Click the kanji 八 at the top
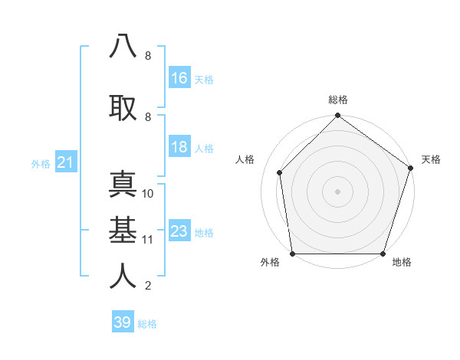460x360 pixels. [x=123, y=46]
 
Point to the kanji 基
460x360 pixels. [x=123, y=229]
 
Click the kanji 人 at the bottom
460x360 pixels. [x=123, y=275]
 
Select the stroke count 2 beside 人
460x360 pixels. [x=148, y=286]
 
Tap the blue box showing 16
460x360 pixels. [x=179, y=78]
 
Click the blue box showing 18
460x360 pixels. [x=179, y=147]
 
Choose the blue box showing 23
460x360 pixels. [x=179, y=231]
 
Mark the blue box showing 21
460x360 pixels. [x=66, y=162]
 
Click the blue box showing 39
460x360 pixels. [x=123, y=322]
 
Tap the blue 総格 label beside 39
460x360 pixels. [x=147, y=324]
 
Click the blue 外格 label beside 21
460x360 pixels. [x=41, y=163]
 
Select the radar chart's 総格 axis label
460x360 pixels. [x=337, y=100]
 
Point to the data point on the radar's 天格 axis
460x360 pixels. [x=410, y=169]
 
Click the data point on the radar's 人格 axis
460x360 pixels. [x=280, y=172]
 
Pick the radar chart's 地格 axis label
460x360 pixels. [x=402, y=262]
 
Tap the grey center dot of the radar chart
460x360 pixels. [x=337, y=191]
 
